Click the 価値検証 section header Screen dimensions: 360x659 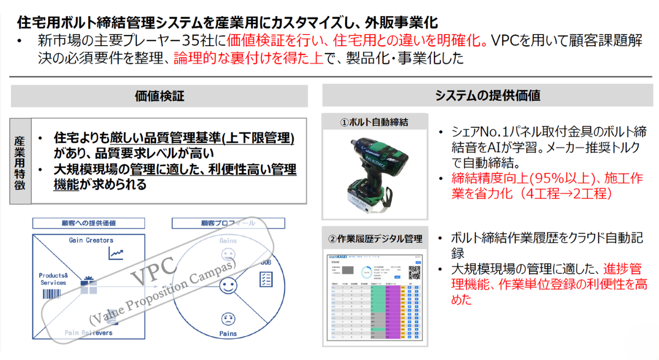pyautogui.click(x=159, y=96)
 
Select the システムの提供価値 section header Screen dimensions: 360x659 pyautogui.click(x=487, y=95)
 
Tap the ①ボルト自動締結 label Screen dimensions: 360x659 pyautogui.click(x=374, y=122)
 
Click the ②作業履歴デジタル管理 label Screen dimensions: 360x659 pyautogui.click(x=375, y=238)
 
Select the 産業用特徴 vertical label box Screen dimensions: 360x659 pyautogui.click(x=20, y=161)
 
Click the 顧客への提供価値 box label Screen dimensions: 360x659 pyautogui.click(x=89, y=223)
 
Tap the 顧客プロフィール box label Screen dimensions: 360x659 pyautogui.click(x=228, y=223)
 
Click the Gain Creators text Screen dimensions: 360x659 pyautogui.click(x=91, y=240)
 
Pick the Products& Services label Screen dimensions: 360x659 pyautogui.click(x=53, y=279)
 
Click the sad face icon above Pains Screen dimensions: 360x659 pyautogui.click(x=228, y=319)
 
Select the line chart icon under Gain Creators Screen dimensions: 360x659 pyautogui.click(x=116, y=253)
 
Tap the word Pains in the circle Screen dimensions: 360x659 pyautogui.click(x=228, y=333)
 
